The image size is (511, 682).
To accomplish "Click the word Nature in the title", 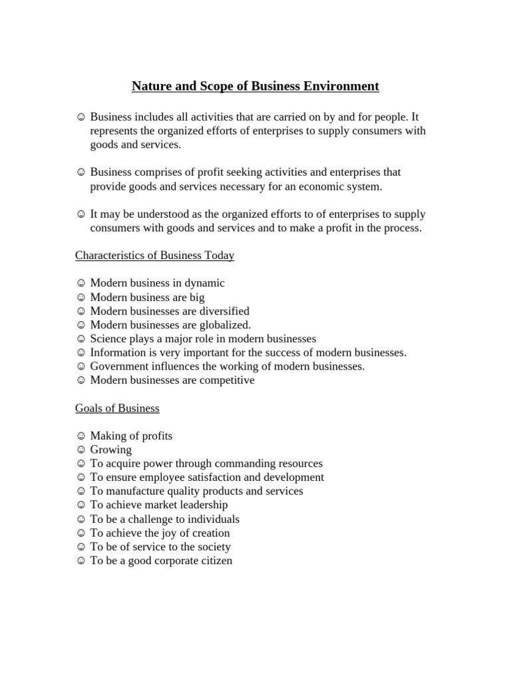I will (151, 86).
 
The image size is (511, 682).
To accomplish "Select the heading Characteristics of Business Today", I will (154, 255).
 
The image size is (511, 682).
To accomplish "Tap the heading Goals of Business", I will (117, 408).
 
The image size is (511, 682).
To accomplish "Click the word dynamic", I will (204, 283).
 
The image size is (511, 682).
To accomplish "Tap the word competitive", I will (227, 380).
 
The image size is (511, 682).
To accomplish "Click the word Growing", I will (111, 450).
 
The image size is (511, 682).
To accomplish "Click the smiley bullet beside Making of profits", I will (81, 436).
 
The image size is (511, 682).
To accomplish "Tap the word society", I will (214, 547).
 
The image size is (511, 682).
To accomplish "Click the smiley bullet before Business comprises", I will (81, 172).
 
